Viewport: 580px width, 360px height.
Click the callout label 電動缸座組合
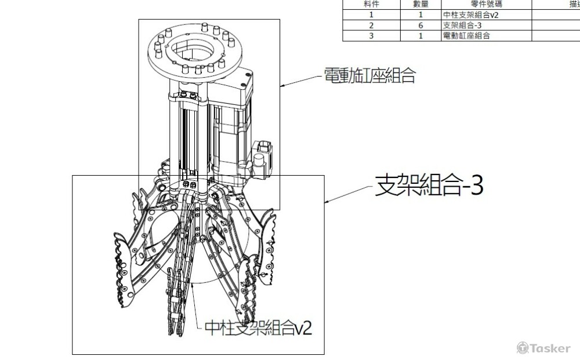click(369, 76)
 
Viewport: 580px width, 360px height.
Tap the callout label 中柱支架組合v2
click(259, 329)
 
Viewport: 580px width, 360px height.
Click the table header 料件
click(371, 3)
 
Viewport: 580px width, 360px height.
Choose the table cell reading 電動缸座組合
click(466, 35)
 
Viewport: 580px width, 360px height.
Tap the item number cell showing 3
click(371, 35)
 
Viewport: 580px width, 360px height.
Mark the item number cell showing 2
click(371, 26)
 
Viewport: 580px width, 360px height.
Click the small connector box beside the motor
click(263, 152)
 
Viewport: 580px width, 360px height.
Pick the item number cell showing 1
click(371, 15)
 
